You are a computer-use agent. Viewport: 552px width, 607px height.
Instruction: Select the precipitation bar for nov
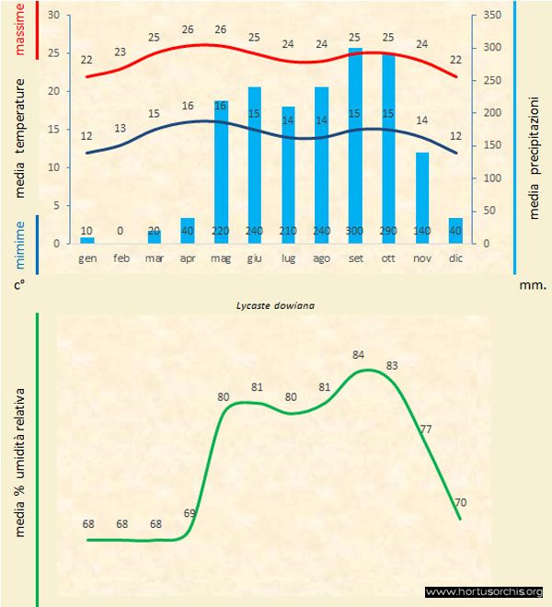point(421,197)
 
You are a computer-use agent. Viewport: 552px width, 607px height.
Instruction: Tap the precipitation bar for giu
point(255,165)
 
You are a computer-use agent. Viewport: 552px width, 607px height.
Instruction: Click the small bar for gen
point(87,240)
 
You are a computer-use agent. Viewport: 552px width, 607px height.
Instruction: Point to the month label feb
point(121,259)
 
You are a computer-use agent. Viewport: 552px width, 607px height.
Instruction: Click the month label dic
point(454,259)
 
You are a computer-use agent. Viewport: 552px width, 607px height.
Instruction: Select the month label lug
point(288,259)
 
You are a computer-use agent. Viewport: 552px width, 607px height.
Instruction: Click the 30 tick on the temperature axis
point(53,16)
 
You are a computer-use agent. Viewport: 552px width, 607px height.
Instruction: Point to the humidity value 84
point(360,354)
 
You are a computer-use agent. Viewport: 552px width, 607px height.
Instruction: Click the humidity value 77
point(425,429)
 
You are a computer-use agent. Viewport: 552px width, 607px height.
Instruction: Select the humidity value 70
point(461,503)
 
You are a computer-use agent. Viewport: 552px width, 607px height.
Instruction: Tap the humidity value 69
point(190,513)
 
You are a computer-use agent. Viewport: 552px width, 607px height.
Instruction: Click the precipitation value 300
point(355,231)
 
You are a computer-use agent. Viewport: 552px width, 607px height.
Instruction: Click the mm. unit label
point(533,284)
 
